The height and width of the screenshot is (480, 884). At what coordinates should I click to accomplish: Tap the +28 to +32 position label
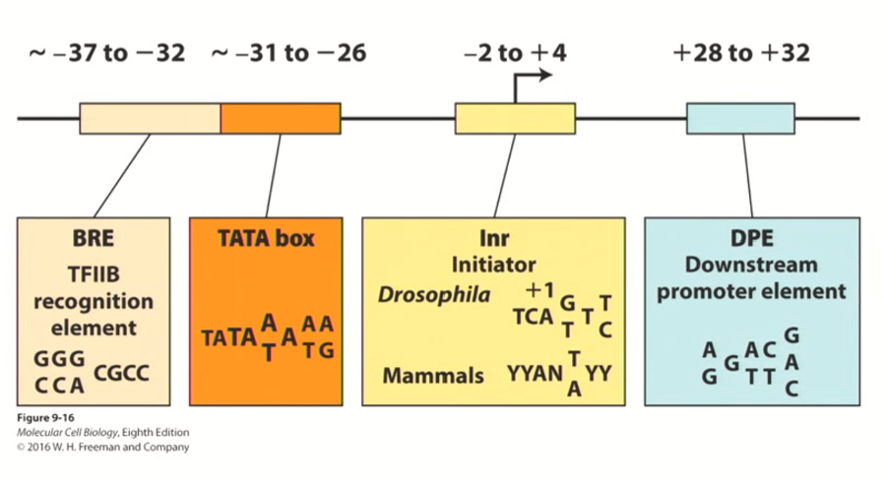(741, 53)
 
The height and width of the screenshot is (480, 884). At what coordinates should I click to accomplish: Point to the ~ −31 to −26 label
(289, 53)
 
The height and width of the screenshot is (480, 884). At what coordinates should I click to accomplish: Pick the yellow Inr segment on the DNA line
(514, 118)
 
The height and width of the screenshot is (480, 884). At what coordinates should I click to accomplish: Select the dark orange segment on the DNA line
(281, 118)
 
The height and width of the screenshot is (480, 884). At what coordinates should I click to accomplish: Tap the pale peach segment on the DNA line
(150, 118)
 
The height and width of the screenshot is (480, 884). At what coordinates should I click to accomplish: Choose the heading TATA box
(266, 239)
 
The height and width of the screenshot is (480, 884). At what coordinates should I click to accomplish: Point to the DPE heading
(751, 239)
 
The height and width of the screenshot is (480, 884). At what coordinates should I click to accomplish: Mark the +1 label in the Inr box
(539, 292)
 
